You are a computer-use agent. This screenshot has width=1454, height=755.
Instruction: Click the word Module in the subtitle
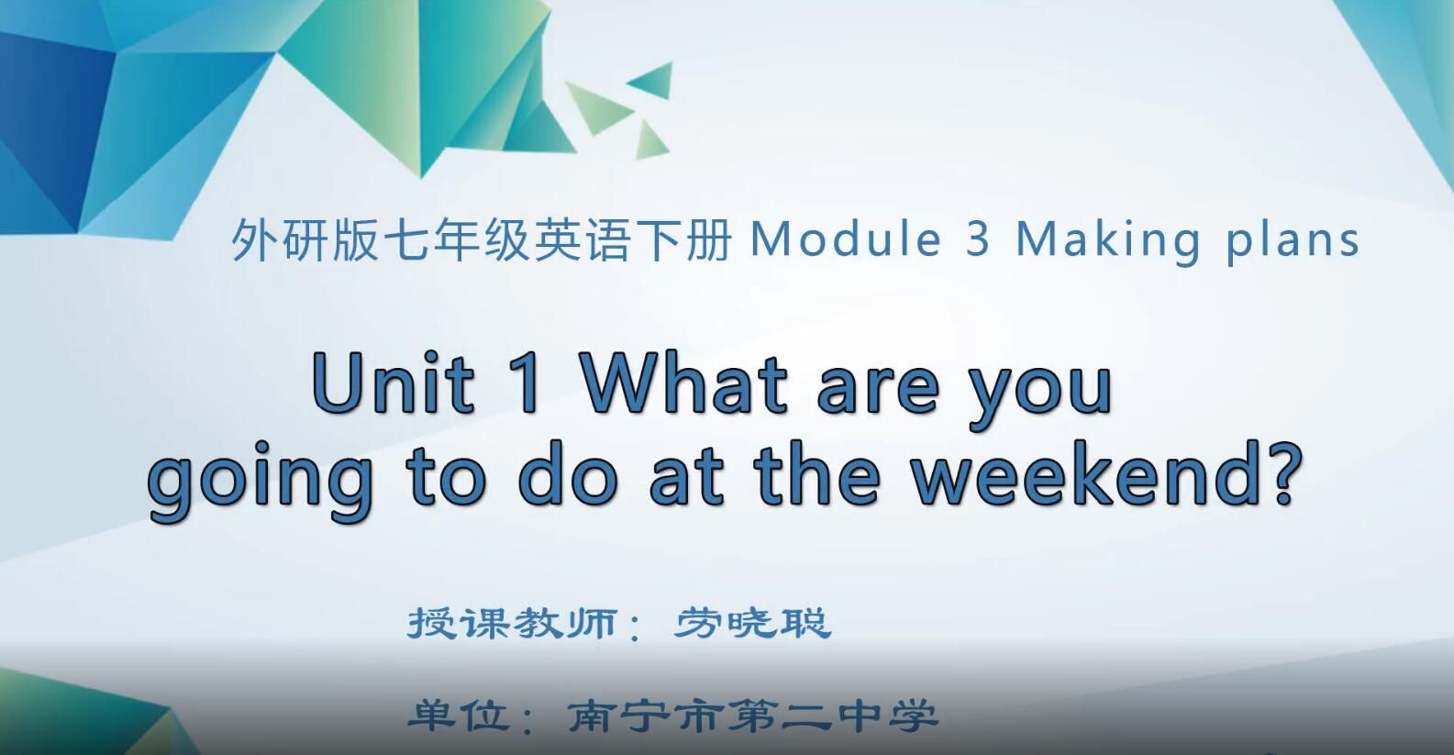pyautogui.click(x=845, y=240)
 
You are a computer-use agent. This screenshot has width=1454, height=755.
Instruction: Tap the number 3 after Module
pyautogui.click(x=978, y=240)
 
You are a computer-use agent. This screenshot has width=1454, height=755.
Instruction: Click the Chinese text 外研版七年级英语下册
pyautogui.click(x=482, y=241)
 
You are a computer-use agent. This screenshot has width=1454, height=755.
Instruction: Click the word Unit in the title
pyautogui.click(x=394, y=383)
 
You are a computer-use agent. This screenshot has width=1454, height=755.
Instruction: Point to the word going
pyautogui.click(x=261, y=481)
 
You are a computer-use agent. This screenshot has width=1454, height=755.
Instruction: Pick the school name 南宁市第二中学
pyautogui.click(x=752, y=716)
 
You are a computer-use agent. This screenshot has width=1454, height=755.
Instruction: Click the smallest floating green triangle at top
pyautogui.click(x=650, y=140)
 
